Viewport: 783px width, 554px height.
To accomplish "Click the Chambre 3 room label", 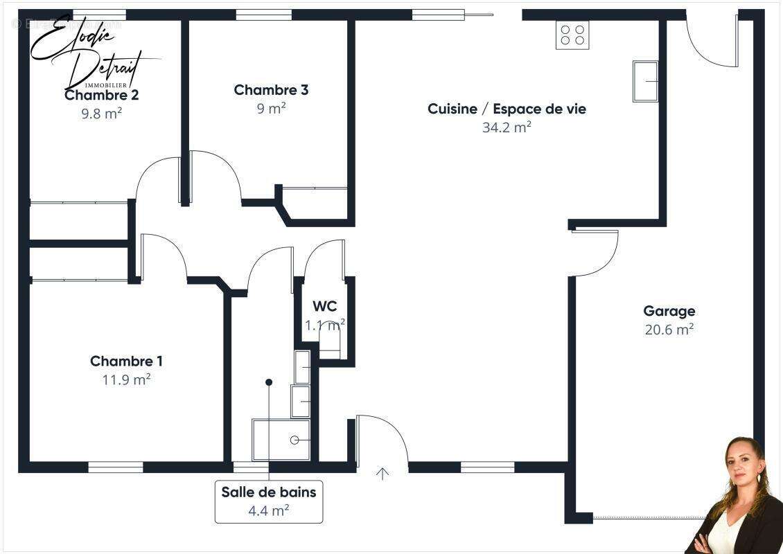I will point(271,90).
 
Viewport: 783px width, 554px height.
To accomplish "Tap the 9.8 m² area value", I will point(101,114).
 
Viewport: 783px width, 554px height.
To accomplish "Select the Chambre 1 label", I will point(126,361).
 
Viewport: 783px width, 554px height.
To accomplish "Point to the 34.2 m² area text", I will point(507,127).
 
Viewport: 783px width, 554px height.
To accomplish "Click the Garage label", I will point(669,312).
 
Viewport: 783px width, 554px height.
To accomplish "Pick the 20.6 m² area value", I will point(669,330).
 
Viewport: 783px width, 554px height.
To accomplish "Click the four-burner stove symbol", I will point(572,35).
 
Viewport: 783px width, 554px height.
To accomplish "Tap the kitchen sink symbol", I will point(645,81).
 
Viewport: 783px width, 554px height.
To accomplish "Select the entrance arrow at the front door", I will point(382,474).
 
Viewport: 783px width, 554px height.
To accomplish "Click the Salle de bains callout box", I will point(269,501).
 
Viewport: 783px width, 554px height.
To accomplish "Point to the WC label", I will point(324,307).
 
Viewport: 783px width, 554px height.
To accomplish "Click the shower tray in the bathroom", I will point(281,440).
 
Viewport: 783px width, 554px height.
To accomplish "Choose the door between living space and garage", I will point(595,253).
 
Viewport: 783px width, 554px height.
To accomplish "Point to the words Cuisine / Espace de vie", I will point(507,109).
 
